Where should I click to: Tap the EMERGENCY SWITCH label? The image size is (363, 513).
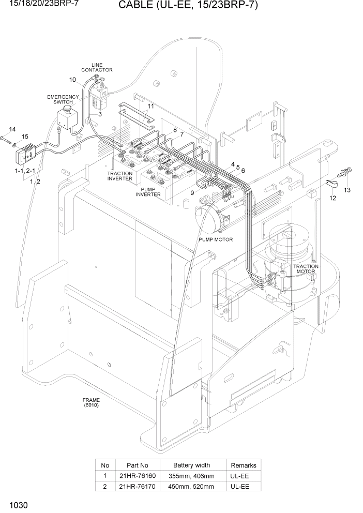[63, 99]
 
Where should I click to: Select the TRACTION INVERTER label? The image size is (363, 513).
[119, 176]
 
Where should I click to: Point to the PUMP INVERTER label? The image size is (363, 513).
[148, 192]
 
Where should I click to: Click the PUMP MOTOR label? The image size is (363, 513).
[216, 239]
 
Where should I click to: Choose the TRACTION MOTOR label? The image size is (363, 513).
[306, 268]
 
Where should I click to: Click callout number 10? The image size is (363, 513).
[72, 80]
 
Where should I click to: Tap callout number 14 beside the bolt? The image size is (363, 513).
[12, 129]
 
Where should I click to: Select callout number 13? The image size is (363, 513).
[347, 190]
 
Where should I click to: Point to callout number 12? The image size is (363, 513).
[332, 198]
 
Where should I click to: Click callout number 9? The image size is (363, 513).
[192, 192]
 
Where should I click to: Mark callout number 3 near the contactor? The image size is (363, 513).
[100, 113]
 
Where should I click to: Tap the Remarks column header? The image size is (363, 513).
[243, 465]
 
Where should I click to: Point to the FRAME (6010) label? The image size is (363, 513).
[91, 402]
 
